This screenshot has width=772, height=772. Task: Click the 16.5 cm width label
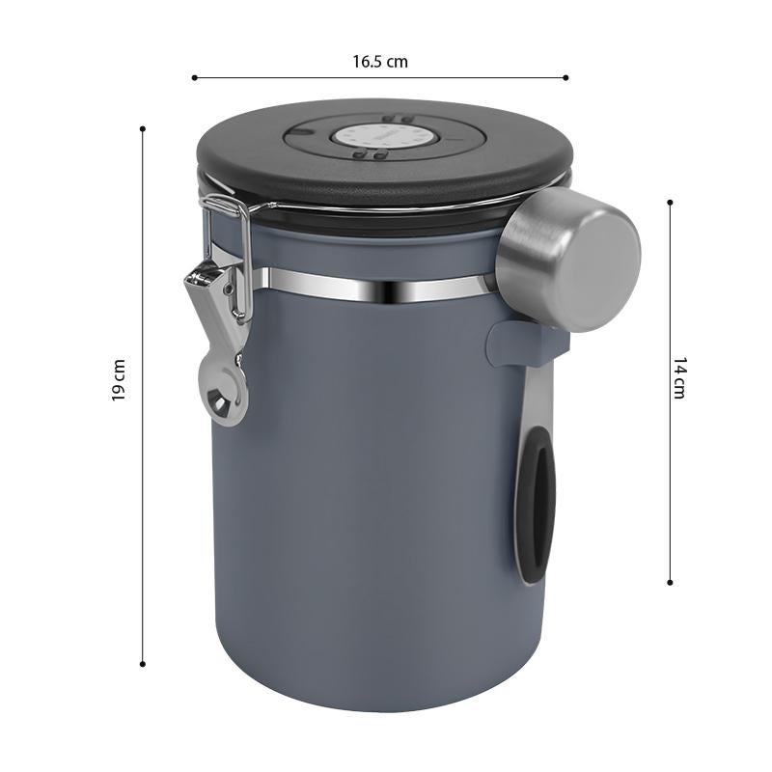pos(379,62)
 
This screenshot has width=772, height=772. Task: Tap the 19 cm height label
pos(119,379)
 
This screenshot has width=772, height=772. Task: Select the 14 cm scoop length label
pos(678,377)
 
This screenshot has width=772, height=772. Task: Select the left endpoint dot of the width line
pos(194,77)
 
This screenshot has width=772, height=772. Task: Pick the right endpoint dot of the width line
pos(565,77)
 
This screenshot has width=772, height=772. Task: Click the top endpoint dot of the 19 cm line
pos(143,127)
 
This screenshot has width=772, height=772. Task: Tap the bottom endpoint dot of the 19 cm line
pos(143,663)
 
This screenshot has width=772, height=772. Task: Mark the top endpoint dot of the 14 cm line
pos(670,201)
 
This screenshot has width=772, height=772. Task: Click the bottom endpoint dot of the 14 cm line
pos(670,582)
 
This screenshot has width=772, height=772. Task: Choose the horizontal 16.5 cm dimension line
pos(289,77)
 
